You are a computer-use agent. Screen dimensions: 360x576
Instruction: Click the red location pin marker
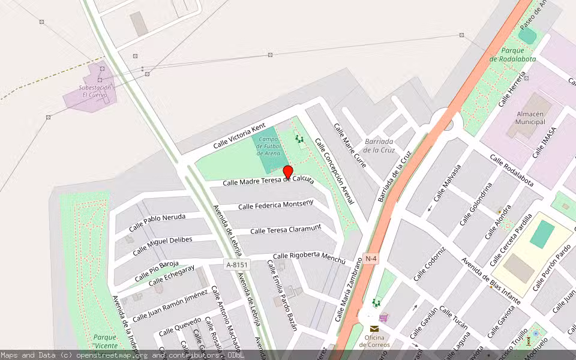pos(288,173)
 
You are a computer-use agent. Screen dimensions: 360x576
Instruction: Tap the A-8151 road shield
pos(237,265)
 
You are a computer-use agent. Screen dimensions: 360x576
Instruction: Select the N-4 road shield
pos(371,259)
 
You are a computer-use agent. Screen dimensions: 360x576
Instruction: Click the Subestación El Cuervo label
pos(95,91)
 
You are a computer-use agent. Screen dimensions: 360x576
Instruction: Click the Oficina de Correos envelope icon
pos(374,329)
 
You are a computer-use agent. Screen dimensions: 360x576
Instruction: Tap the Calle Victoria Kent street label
pos(239,136)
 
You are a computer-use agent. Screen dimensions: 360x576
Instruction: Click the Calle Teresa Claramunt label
pos(286,229)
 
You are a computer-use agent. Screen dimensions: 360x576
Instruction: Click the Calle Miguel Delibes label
pos(163,244)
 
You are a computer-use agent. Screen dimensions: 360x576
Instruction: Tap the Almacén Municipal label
pos(530,118)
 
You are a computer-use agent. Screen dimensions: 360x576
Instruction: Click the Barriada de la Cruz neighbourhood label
pos(379,146)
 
